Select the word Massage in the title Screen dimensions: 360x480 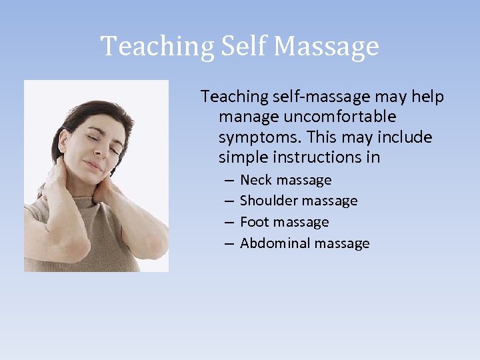click(326, 47)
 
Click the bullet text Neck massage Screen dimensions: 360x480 click(285, 180)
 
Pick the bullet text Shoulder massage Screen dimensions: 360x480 click(299, 201)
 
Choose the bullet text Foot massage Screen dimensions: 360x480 click(284, 222)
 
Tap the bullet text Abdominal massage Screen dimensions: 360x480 click(305, 243)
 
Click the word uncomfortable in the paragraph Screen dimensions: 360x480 click(340, 117)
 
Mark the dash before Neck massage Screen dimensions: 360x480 click(229, 181)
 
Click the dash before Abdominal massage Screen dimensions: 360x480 click(229, 243)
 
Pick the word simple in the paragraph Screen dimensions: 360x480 click(243, 158)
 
